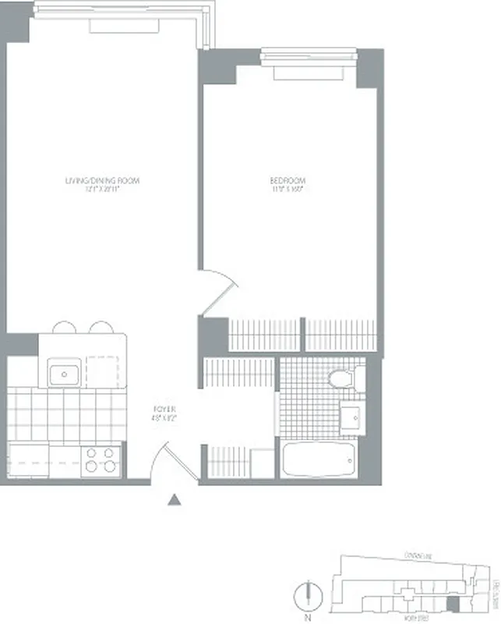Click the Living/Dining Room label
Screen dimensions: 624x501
102,181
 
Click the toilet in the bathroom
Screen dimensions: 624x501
341,380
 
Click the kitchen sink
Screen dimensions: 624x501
62,374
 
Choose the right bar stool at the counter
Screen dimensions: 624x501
101,328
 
